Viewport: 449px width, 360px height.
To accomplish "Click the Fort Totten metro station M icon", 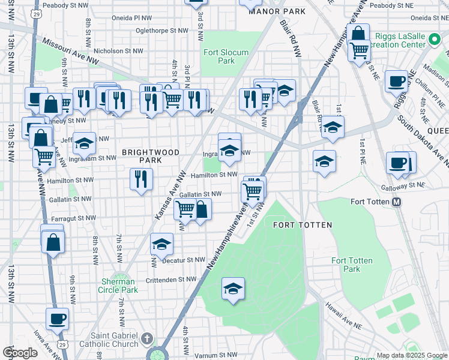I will pos(396,203).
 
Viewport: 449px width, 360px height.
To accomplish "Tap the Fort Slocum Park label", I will pos(226,56).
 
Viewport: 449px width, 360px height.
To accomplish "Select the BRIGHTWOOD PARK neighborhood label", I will pos(151,157).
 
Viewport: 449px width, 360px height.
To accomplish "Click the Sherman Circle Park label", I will pos(118,286).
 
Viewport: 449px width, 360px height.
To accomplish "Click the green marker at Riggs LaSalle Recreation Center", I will pos(436,41).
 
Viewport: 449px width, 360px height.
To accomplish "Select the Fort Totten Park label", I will pos(352,265).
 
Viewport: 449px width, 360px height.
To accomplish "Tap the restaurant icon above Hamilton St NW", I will pos(142,179).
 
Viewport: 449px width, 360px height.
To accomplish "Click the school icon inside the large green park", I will pos(233,289).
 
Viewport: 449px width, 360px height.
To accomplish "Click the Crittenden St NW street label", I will pos(171,279).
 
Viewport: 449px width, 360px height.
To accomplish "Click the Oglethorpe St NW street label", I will pos(162,29).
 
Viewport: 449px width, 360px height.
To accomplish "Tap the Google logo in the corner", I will pos(20,353).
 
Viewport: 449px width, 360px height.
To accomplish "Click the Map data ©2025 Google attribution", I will pos(411,355).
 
